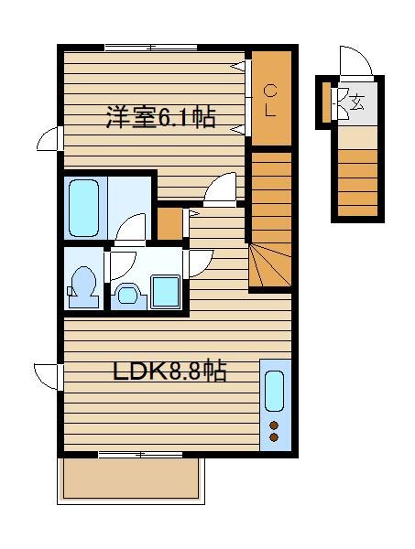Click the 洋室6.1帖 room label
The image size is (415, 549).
(x=161, y=117)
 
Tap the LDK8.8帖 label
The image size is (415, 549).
(x=169, y=371)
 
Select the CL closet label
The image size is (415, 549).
(x=270, y=101)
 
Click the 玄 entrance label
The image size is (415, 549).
(x=356, y=102)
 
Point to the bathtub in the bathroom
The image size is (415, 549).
(x=83, y=208)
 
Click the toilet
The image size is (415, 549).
(x=82, y=287)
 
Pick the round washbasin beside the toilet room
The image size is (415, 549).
(x=127, y=296)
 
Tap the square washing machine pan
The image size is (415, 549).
(x=165, y=292)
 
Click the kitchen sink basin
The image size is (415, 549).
(x=274, y=391)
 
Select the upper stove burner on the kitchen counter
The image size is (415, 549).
(x=274, y=425)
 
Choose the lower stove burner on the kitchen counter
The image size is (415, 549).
(x=274, y=437)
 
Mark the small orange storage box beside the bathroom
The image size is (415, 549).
(x=169, y=223)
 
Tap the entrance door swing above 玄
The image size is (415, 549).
(x=355, y=62)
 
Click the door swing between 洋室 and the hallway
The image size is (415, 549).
(x=220, y=188)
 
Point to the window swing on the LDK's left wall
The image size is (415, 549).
(x=48, y=377)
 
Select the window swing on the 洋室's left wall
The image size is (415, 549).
(x=49, y=139)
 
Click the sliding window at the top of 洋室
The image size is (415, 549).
(x=151, y=48)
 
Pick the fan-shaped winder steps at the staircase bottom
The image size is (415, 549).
(x=270, y=266)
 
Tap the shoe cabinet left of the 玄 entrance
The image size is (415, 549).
(x=326, y=102)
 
